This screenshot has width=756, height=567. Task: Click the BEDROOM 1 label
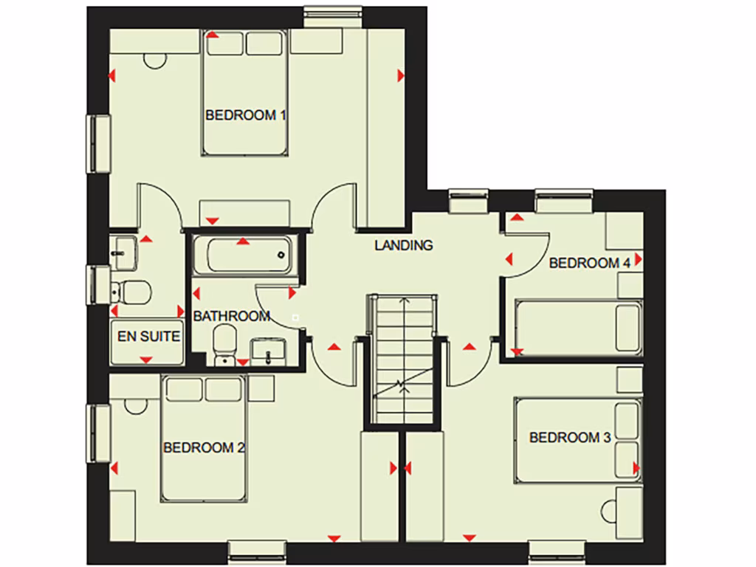coord(245,115)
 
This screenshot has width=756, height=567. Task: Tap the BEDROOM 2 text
coord(204,447)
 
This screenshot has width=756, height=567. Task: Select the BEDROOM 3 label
coord(569,438)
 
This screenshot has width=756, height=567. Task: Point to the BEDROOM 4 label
coord(589,263)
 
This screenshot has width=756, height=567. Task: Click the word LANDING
coord(403,246)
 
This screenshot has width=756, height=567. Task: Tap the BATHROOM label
coord(231,317)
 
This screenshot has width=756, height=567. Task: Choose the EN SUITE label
coord(148,337)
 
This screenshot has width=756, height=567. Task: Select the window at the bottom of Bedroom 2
coord(256,551)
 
